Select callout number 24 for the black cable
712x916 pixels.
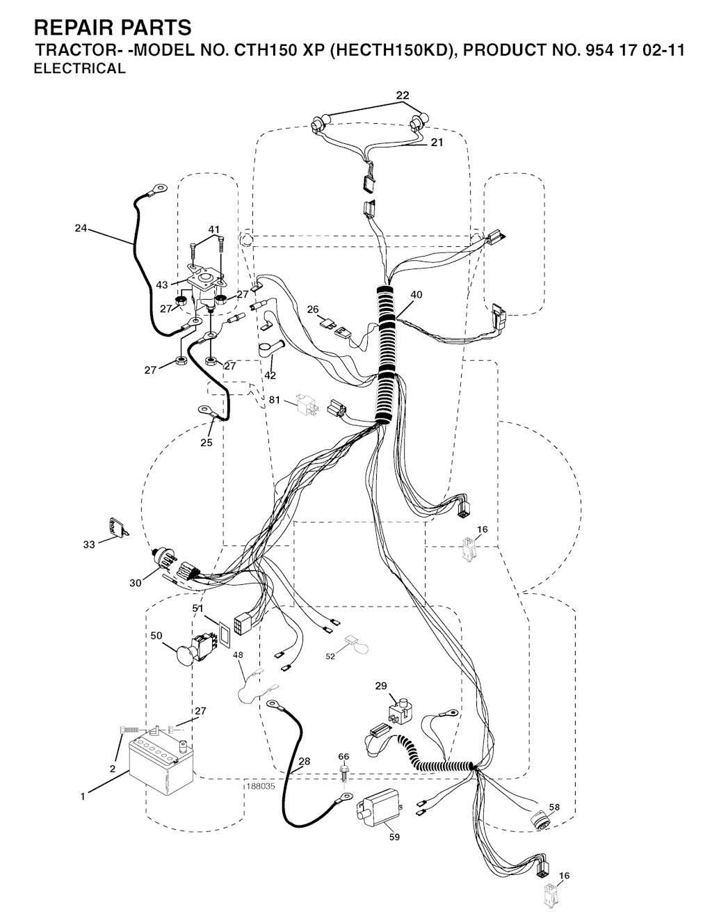click(81, 228)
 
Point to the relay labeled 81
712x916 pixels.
click(307, 404)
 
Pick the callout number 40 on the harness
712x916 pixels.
click(416, 295)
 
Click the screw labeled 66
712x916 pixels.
click(344, 774)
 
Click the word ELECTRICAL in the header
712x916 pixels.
click(80, 68)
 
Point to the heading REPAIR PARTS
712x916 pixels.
click(113, 27)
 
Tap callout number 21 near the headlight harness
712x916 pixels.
click(437, 143)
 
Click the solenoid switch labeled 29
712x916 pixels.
click(400, 713)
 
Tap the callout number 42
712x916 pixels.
click(270, 375)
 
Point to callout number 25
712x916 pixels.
click(207, 442)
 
